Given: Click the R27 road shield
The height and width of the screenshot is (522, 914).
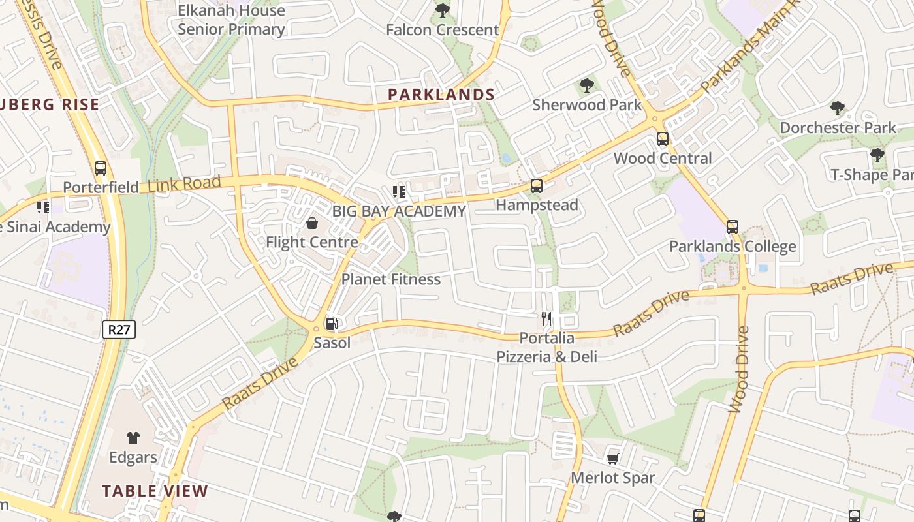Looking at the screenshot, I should (119, 330).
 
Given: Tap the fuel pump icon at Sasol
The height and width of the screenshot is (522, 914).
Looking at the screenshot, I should (332, 323).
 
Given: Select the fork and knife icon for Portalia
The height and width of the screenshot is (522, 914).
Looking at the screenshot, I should (546, 319).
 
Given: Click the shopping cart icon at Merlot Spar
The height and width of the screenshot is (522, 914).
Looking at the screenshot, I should (612, 459).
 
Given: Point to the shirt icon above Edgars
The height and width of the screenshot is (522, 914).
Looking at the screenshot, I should (133, 437).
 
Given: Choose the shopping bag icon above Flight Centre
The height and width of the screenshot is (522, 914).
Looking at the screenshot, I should (312, 223).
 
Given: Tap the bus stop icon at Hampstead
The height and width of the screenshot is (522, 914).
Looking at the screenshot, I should (536, 186).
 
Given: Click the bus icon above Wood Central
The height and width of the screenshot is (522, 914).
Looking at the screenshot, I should (662, 139).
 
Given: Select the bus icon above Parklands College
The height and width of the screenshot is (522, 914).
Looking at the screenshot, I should (732, 227).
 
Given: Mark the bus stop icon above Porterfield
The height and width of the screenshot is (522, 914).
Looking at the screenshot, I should (100, 168).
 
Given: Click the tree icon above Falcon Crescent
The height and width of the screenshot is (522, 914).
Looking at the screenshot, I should (442, 10).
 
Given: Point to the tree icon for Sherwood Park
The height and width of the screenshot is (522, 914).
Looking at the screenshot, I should (586, 85).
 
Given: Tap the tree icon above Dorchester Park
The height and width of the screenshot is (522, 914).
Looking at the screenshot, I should (837, 108).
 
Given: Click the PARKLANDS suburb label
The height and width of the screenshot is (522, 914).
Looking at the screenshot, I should (441, 95).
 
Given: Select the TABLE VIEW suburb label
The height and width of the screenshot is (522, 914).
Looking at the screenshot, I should (155, 491).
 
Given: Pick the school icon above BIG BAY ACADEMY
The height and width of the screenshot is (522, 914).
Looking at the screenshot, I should (398, 192).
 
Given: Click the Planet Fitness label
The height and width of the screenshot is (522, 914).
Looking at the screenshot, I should (391, 279).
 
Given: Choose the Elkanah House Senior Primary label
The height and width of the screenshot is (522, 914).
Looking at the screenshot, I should (232, 20).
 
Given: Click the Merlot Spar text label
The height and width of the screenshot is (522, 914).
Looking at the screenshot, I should (612, 478).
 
